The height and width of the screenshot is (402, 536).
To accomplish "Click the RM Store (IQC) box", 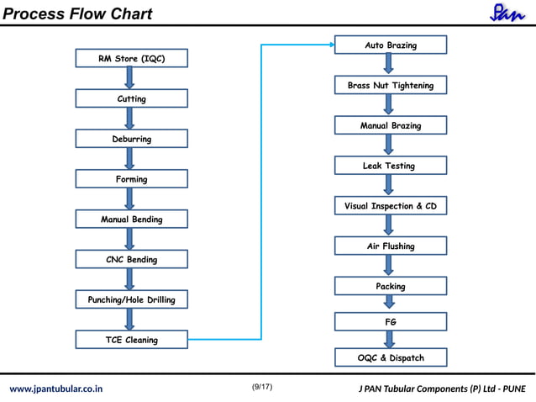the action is pyautogui.click(x=132, y=58).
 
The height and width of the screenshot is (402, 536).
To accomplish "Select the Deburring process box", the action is pyautogui.click(x=132, y=139).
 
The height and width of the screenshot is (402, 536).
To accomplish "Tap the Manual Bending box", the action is pyautogui.click(x=132, y=219).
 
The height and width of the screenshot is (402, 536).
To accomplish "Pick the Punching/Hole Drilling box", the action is pyautogui.click(x=132, y=299).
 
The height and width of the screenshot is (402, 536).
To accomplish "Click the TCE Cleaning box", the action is pyautogui.click(x=132, y=340).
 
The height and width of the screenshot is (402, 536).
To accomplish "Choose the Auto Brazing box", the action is pyautogui.click(x=391, y=45).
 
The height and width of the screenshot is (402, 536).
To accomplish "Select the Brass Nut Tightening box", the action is pyautogui.click(x=391, y=85).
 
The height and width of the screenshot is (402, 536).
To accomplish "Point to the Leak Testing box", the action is pyautogui.click(x=391, y=165).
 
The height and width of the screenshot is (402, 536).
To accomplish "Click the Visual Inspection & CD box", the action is pyautogui.click(x=391, y=205).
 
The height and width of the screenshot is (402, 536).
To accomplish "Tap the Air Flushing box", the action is pyautogui.click(x=391, y=246).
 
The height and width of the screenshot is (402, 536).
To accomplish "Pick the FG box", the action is pyautogui.click(x=391, y=321).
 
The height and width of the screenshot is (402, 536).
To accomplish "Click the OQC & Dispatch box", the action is pyautogui.click(x=391, y=357).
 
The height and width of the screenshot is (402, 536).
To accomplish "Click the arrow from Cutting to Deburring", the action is pyautogui.click(x=129, y=119).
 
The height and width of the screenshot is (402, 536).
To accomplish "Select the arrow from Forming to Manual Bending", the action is pyautogui.click(x=129, y=198).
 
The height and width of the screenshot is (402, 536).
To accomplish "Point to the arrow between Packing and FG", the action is pyautogui.click(x=389, y=302).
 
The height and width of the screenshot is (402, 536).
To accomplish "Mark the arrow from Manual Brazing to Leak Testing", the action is pyautogui.click(x=388, y=145).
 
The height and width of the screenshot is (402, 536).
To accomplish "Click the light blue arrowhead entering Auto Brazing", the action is pyautogui.click(x=332, y=45).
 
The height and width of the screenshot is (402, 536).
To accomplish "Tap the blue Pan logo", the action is pyautogui.click(x=507, y=13).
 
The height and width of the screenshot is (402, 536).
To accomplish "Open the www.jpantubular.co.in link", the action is pyautogui.click(x=56, y=389).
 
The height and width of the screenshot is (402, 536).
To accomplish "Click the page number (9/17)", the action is pyautogui.click(x=262, y=387).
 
